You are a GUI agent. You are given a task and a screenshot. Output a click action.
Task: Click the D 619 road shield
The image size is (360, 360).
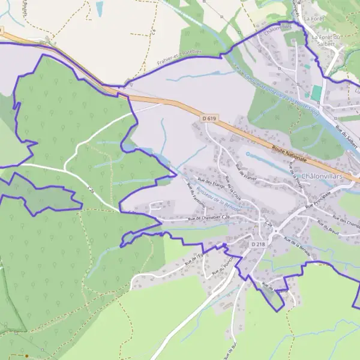coord(209,119)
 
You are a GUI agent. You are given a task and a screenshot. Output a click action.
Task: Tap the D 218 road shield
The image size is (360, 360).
coord(258,244)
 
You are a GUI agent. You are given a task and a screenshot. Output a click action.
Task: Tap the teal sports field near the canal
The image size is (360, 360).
coord(316,94)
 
